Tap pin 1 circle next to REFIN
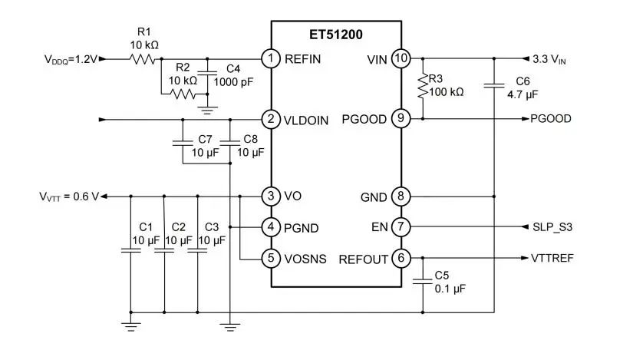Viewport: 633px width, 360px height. pos(270,58)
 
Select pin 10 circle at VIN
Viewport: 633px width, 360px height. pos(401,58)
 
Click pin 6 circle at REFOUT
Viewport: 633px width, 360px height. pos(401,258)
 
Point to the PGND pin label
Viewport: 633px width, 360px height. pos(301,227)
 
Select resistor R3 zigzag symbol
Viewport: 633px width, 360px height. pos(422,87)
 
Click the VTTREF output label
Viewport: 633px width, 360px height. pos(552,258)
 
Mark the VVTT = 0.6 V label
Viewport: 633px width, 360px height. pos(68,197)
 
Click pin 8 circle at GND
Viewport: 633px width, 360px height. pos(401,197)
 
